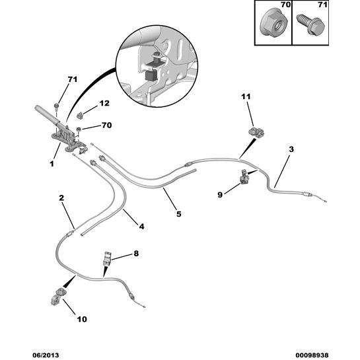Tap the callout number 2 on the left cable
click(61, 198)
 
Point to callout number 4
click(141, 227)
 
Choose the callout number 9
click(220, 194)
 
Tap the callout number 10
click(81, 320)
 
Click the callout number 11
click(246, 98)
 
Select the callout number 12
click(104, 103)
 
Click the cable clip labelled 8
click(107, 259)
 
